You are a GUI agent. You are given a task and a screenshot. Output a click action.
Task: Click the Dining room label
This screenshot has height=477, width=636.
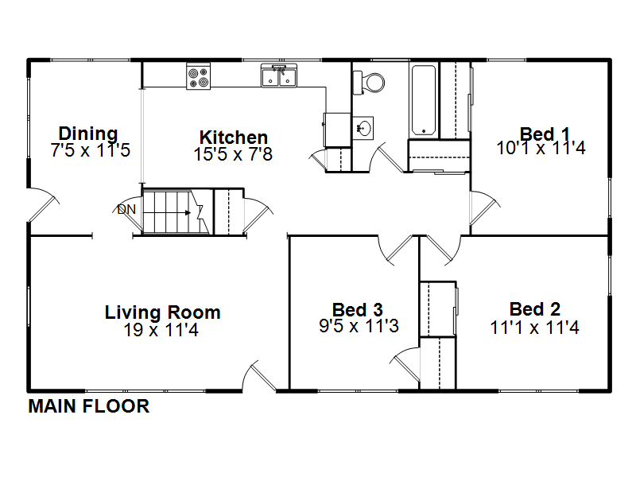click(x=88, y=134)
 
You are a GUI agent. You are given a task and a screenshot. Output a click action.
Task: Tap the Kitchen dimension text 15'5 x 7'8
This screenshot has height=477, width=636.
click(x=233, y=154)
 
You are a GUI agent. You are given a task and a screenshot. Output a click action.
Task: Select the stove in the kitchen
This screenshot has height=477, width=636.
click(x=198, y=76)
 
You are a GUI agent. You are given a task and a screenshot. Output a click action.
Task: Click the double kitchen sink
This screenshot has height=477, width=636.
click(x=279, y=76)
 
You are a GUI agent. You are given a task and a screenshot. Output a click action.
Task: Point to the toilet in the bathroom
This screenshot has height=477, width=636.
click(x=368, y=83)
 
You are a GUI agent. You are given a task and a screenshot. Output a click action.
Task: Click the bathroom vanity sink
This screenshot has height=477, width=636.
click(x=363, y=128)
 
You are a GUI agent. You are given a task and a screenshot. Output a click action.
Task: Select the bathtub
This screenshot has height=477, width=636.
click(x=424, y=101)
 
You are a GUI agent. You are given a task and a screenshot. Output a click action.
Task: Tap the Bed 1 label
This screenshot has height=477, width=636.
click(x=545, y=134)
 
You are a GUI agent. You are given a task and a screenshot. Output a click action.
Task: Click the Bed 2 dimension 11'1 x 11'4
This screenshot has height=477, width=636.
click(x=534, y=328)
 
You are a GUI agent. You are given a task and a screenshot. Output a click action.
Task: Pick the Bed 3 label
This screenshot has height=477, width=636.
click(x=357, y=309)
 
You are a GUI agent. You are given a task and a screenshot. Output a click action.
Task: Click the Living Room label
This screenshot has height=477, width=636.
click(x=162, y=312)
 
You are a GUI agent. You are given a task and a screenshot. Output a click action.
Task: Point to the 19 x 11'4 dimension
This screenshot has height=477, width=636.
click(x=161, y=330)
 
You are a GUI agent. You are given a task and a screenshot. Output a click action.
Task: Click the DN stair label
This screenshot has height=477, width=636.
click(x=126, y=209)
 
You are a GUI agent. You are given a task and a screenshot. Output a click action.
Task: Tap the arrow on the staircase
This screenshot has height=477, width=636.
click(x=168, y=212)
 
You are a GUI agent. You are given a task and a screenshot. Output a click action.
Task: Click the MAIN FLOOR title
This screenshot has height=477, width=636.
click(x=89, y=406)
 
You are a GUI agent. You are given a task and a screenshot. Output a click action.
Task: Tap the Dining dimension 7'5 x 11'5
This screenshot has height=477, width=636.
click(x=90, y=150)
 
